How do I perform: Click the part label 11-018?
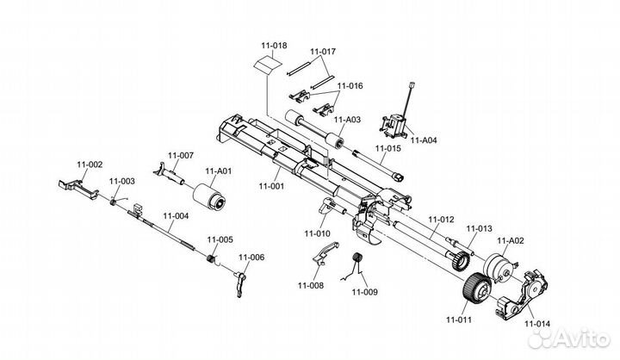pos(273,45)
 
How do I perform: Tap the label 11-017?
pos(323,52)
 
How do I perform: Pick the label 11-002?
pos(90,164)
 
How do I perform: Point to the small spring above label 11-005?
pos(209,258)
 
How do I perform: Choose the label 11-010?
pos(317,233)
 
